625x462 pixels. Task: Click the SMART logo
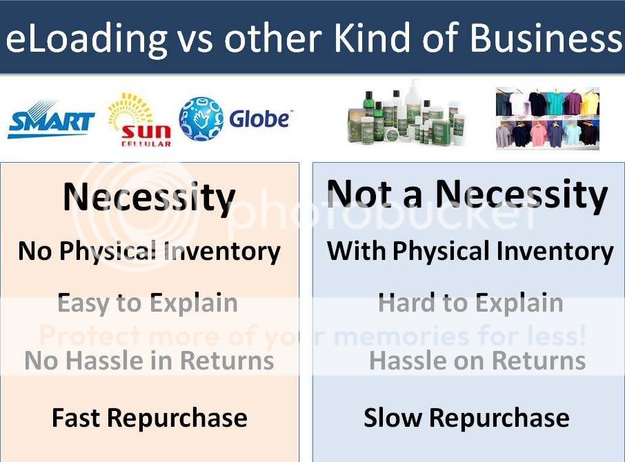click(x=51, y=119)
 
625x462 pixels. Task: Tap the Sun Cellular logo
click(x=140, y=119)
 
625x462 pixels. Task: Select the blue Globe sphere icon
click(x=201, y=119)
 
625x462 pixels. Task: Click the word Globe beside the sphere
click(x=260, y=119)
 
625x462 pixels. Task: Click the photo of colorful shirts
click(x=548, y=118)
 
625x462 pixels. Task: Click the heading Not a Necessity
click(x=467, y=194)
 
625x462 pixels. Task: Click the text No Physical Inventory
click(x=149, y=252)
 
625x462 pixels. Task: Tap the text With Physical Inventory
click(x=470, y=252)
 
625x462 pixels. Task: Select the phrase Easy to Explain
click(x=148, y=303)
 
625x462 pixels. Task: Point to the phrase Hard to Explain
click(x=470, y=303)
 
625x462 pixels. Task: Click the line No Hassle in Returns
click(x=149, y=361)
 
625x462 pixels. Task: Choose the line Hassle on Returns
click(x=477, y=361)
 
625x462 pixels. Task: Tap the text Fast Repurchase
click(x=150, y=419)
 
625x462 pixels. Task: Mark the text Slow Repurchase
click(x=466, y=418)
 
